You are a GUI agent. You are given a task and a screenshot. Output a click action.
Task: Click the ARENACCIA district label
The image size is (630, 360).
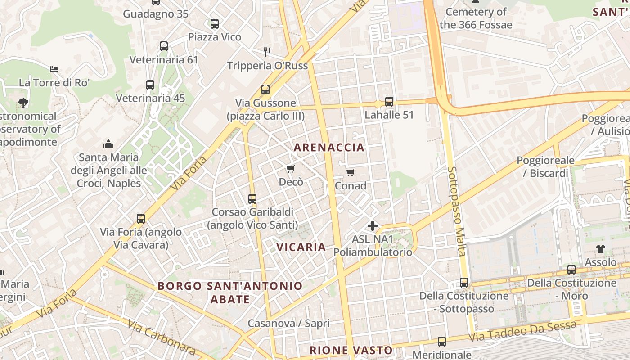329,148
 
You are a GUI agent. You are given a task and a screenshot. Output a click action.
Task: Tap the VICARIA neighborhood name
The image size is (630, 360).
301,247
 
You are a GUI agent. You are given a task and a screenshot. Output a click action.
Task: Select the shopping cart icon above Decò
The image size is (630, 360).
291,169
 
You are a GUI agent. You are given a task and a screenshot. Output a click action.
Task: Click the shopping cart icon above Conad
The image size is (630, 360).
351,172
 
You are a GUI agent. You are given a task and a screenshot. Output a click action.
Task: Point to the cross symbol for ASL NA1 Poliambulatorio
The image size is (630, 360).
373,225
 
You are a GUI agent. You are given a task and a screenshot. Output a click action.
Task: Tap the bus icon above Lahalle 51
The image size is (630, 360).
389,102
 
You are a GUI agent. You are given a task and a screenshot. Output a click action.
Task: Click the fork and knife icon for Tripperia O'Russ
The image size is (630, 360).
267,52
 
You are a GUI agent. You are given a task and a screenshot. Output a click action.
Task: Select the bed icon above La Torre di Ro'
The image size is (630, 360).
54,69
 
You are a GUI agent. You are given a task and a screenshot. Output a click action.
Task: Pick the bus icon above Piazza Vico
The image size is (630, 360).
215,23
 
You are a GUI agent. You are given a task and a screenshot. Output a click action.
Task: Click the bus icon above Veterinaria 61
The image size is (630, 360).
164,46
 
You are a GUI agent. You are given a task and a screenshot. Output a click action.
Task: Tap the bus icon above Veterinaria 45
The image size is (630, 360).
150,85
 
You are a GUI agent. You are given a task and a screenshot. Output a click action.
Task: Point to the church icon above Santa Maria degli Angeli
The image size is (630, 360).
108,144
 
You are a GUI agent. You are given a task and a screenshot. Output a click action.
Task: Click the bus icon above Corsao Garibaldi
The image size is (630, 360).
252,198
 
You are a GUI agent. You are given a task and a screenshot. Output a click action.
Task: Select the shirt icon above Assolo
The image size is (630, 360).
601,248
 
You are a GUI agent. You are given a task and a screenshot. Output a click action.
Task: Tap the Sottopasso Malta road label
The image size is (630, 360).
456,211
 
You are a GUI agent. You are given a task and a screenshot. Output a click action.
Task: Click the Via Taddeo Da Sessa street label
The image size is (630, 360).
522,331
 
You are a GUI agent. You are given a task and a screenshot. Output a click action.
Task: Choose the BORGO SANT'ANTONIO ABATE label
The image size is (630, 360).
230,292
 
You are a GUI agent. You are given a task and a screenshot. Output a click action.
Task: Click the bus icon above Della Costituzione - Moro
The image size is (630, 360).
571,270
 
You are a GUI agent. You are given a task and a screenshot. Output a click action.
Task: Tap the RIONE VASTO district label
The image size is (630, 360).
351,350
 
